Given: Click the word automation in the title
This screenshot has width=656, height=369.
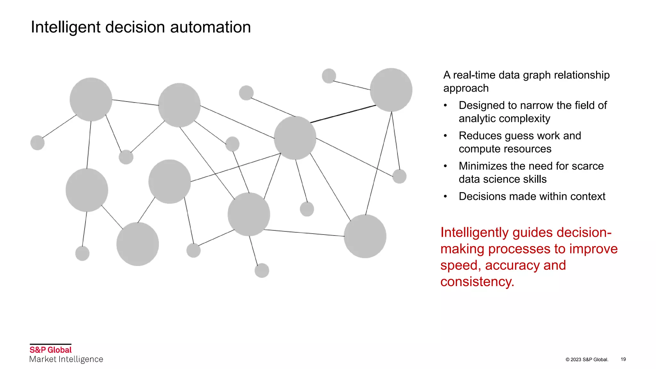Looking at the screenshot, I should coord(210,27).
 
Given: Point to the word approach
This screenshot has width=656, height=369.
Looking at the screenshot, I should coord(466,88).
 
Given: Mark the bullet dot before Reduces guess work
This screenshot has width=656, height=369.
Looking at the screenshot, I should coord(445,136).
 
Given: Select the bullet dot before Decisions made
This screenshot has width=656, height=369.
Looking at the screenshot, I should coord(445,196).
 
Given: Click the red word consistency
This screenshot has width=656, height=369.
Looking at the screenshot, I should coord(477,282).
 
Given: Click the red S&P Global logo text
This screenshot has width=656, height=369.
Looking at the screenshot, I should coord(51,350).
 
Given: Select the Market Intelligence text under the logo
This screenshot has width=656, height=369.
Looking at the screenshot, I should coord(66,359).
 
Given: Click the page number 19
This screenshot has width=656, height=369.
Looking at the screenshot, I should coord(623,359).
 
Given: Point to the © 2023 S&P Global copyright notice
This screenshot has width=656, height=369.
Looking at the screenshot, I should coord(587,360).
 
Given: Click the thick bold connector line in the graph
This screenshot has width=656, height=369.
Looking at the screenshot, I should coord(343,114).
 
